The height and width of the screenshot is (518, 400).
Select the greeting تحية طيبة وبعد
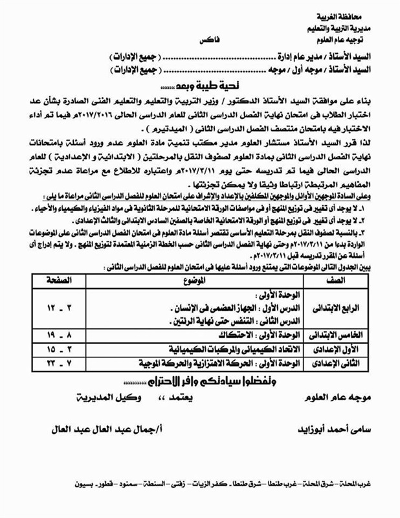(x=196, y=86)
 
